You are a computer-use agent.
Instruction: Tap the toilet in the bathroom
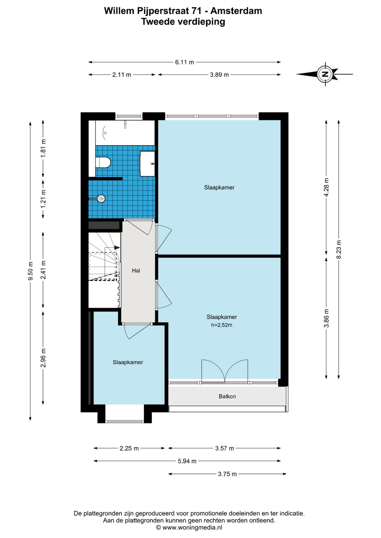pyautogui.click(x=103, y=162)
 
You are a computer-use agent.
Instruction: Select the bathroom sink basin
pyautogui.click(x=147, y=164)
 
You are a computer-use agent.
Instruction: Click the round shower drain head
pyautogui.click(x=101, y=198)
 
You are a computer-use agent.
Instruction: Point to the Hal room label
pyautogui.click(x=136, y=271)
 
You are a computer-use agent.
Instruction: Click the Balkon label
pyautogui.click(x=227, y=396)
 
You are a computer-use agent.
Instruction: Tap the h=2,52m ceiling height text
pyautogui.click(x=222, y=325)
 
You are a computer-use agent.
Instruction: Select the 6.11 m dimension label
pyautogui.click(x=185, y=62)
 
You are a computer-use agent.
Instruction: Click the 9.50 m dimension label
pyautogui.click(x=30, y=271)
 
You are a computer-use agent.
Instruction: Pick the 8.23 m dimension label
pyautogui.click(x=339, y=249)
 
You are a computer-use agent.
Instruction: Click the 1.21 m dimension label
pyautogui.click(x=43, y=199)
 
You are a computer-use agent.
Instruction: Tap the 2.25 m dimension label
pyautogui.click(x=129, y=448)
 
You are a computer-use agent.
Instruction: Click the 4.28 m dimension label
pyautogui.click(x=326, y=187)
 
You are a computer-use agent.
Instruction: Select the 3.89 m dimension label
pyautogui.click(x=219, y=75)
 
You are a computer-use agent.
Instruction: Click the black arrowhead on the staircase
pyautogui.click(x=117, y=247)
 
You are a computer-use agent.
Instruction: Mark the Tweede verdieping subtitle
pyautogui.click(x=183, y=22)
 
